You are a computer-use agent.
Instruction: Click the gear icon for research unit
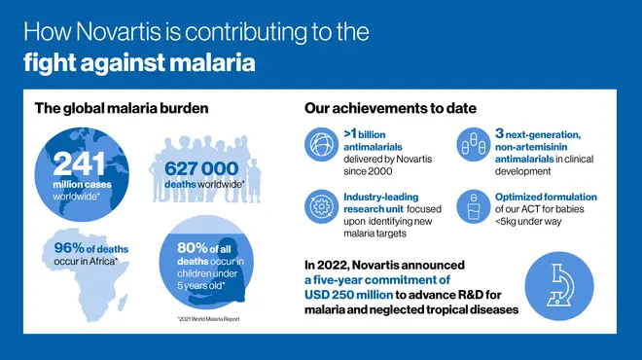click(321, 206)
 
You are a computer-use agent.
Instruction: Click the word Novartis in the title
click(124, 31)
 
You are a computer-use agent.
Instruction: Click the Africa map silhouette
click(83, 277)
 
